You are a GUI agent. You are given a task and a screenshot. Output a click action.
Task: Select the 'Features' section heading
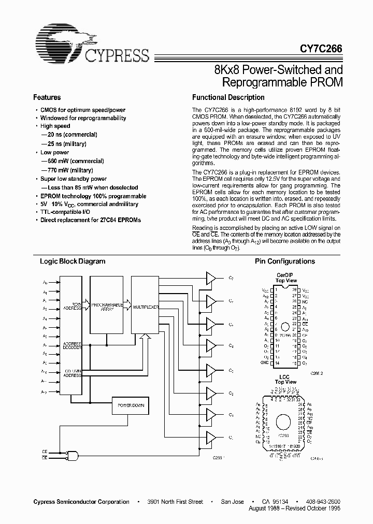47,97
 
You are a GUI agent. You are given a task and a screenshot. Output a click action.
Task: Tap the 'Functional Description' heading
228,97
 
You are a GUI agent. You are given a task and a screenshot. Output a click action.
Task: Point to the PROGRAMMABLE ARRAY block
107,305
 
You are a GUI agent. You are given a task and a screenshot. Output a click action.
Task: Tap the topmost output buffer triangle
211,279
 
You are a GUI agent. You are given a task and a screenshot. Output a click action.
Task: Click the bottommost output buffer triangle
211,438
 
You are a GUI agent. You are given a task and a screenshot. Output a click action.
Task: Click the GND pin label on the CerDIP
265,362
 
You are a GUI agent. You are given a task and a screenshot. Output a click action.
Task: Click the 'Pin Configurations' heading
284,261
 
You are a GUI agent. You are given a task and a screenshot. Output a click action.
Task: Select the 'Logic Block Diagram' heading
73,261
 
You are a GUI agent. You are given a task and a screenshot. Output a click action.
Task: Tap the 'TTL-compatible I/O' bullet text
64,212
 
